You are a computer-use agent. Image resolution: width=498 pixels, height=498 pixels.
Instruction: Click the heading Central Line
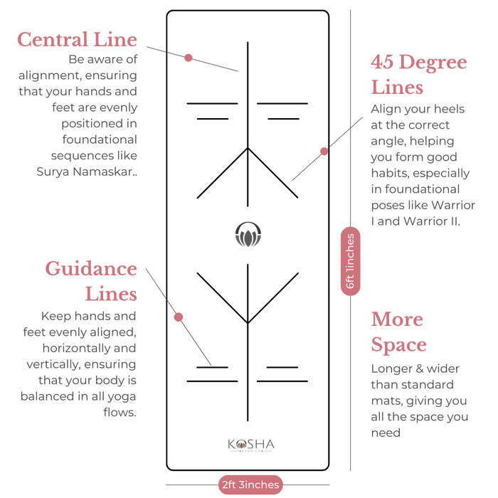coord(77,39)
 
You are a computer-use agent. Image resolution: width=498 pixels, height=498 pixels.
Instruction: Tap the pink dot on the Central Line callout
coord(189,58)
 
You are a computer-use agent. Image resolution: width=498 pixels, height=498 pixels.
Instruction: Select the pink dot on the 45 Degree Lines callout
coord(324,151)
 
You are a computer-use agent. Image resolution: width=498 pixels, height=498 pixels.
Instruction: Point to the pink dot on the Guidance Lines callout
coord(179,317)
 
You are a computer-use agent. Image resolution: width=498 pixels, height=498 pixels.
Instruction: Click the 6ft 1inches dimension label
coord(350,261)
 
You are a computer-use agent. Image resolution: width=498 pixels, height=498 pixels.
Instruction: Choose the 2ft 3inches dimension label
coord(250,484)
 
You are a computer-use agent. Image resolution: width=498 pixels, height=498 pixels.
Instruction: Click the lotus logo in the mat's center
coord(248,234)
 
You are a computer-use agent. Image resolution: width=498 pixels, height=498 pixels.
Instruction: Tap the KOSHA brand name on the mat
coord(251,444)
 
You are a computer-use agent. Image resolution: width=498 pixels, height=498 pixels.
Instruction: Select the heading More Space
coord(398,332)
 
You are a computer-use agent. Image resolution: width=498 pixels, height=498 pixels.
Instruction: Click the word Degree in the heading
coord(433,62)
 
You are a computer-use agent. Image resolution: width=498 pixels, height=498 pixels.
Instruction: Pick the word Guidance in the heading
coord(91,269)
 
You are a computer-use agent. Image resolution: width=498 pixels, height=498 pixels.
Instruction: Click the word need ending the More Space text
coord(386,433)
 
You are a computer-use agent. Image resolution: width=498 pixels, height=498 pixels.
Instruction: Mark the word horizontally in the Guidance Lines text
coord(76,348)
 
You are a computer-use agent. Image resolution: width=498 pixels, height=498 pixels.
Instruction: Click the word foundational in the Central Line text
coord(100,139)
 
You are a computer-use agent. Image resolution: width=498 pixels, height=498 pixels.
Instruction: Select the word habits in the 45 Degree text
coord(390,173)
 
